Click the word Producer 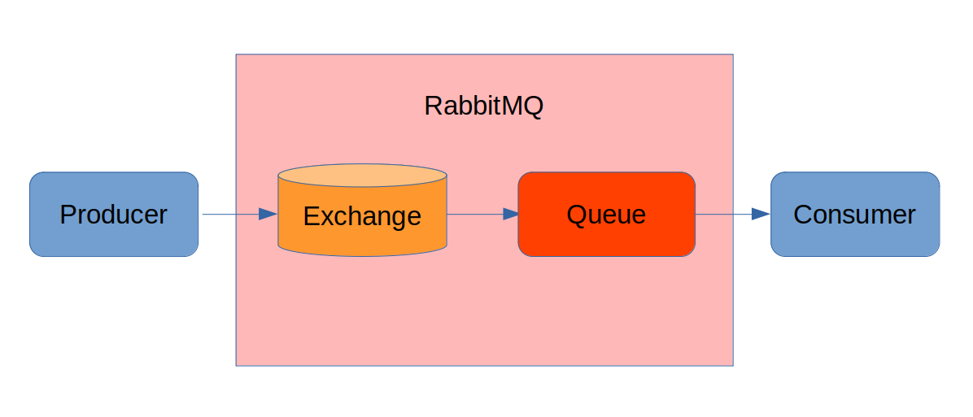pos(113,215)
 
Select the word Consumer pos(854,215)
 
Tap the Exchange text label pos(362,216)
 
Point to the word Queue pos(606,215)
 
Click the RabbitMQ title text pos(483,106)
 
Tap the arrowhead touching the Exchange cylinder pos(268,215)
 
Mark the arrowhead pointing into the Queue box pos(510,215)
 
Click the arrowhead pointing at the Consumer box pos(761,215)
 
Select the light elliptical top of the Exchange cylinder pos(362,176)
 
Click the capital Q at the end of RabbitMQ pos(532,106)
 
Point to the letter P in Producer pos(68,215)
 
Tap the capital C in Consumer pos(802,215)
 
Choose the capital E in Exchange pos(311,216)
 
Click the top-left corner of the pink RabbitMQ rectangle pos(237,55)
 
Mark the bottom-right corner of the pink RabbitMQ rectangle pos(732,365)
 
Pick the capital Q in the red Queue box pos(576,215)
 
